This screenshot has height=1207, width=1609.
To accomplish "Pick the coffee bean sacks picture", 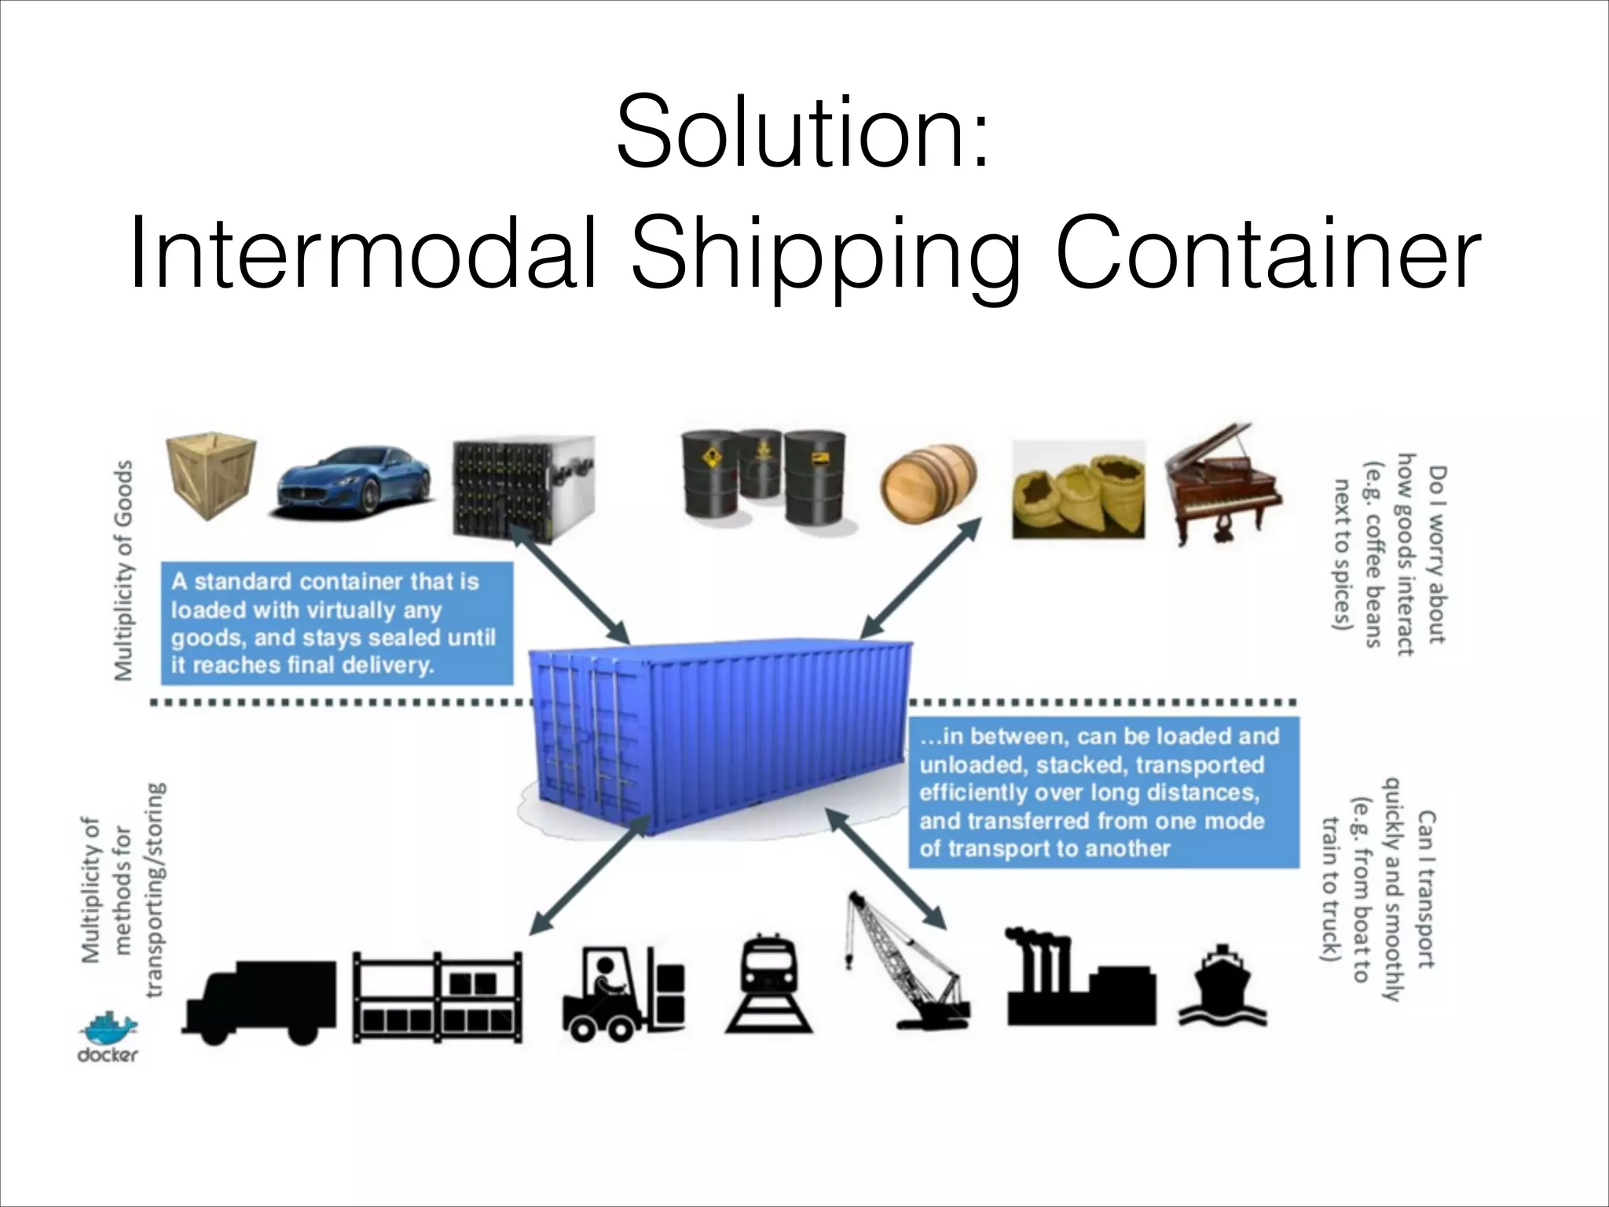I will (x=1077, y=490).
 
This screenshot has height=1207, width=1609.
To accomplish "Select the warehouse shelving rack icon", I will (x=438, y=997).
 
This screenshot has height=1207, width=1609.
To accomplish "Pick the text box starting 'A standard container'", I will (x=336, y=623).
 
